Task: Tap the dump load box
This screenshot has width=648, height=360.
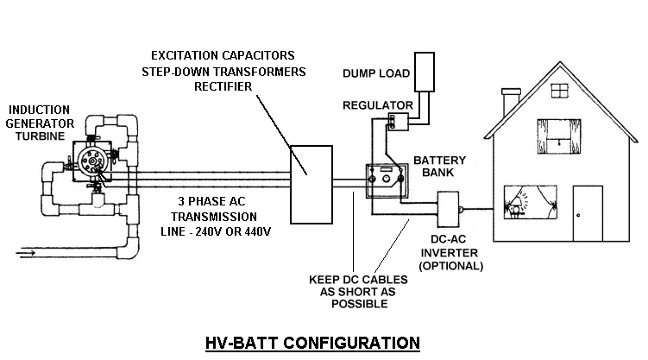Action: [x=425, y=72]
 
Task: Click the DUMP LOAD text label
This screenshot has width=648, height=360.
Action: [x=376, y=72]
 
